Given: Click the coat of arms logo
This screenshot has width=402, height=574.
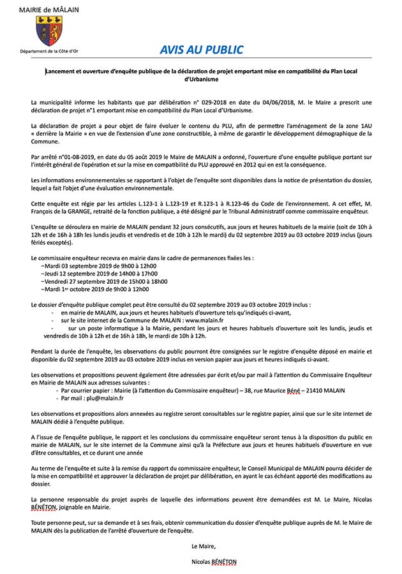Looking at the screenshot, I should coord(48,30).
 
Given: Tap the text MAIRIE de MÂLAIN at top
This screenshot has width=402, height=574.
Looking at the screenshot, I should coord(48,10).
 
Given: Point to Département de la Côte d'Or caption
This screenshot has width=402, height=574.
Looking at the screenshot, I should coord(48,50).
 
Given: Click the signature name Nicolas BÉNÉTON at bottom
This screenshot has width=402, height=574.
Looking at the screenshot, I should coord(213,562).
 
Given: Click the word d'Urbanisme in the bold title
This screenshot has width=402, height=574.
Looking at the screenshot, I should coord(201,80).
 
